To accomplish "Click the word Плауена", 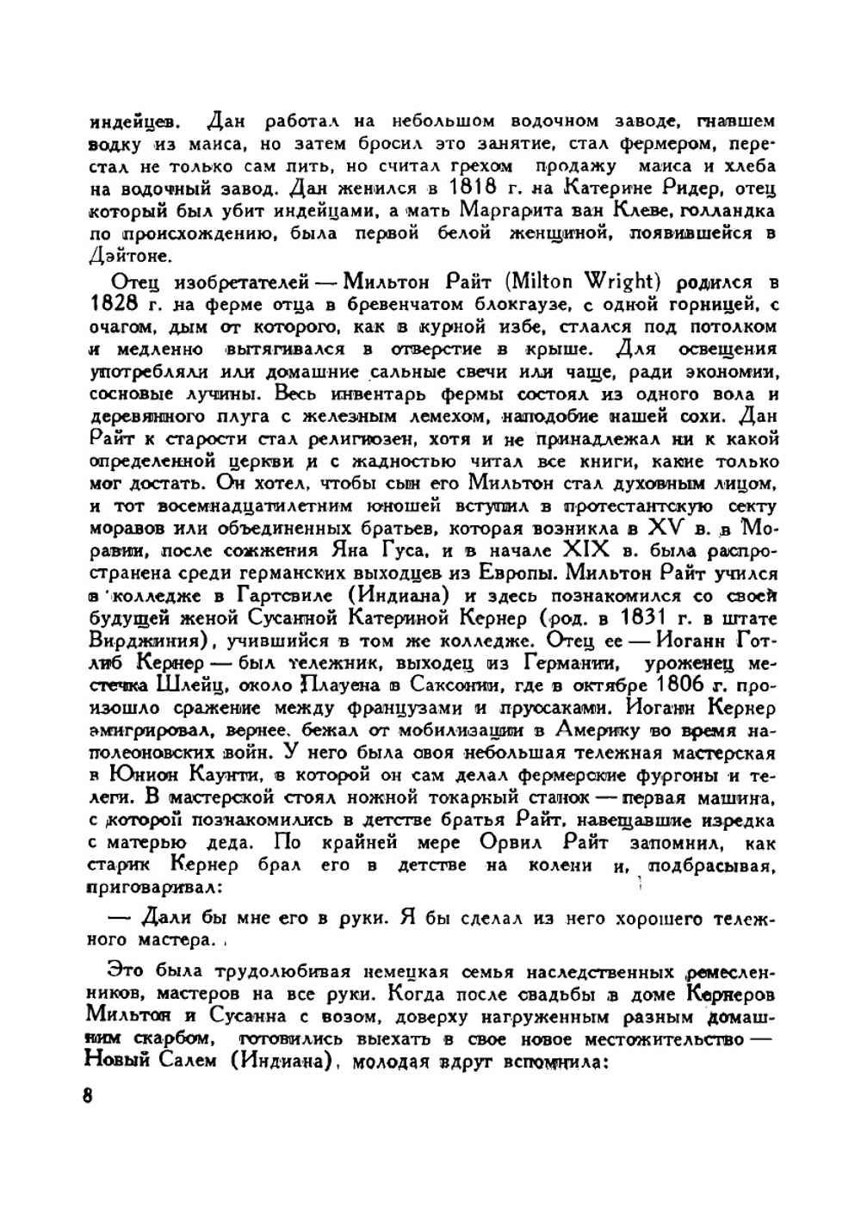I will tap(334, 685).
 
